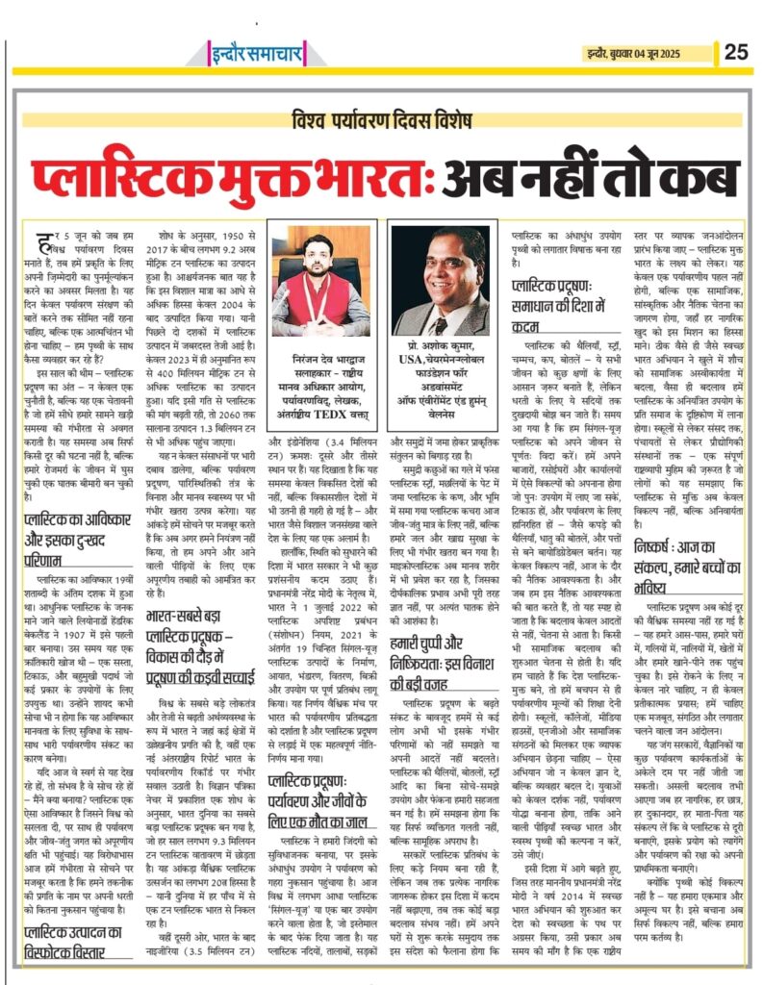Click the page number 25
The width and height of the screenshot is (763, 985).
click(x=736, y=51)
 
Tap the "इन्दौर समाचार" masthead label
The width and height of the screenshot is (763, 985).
click(x=233, y=51)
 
